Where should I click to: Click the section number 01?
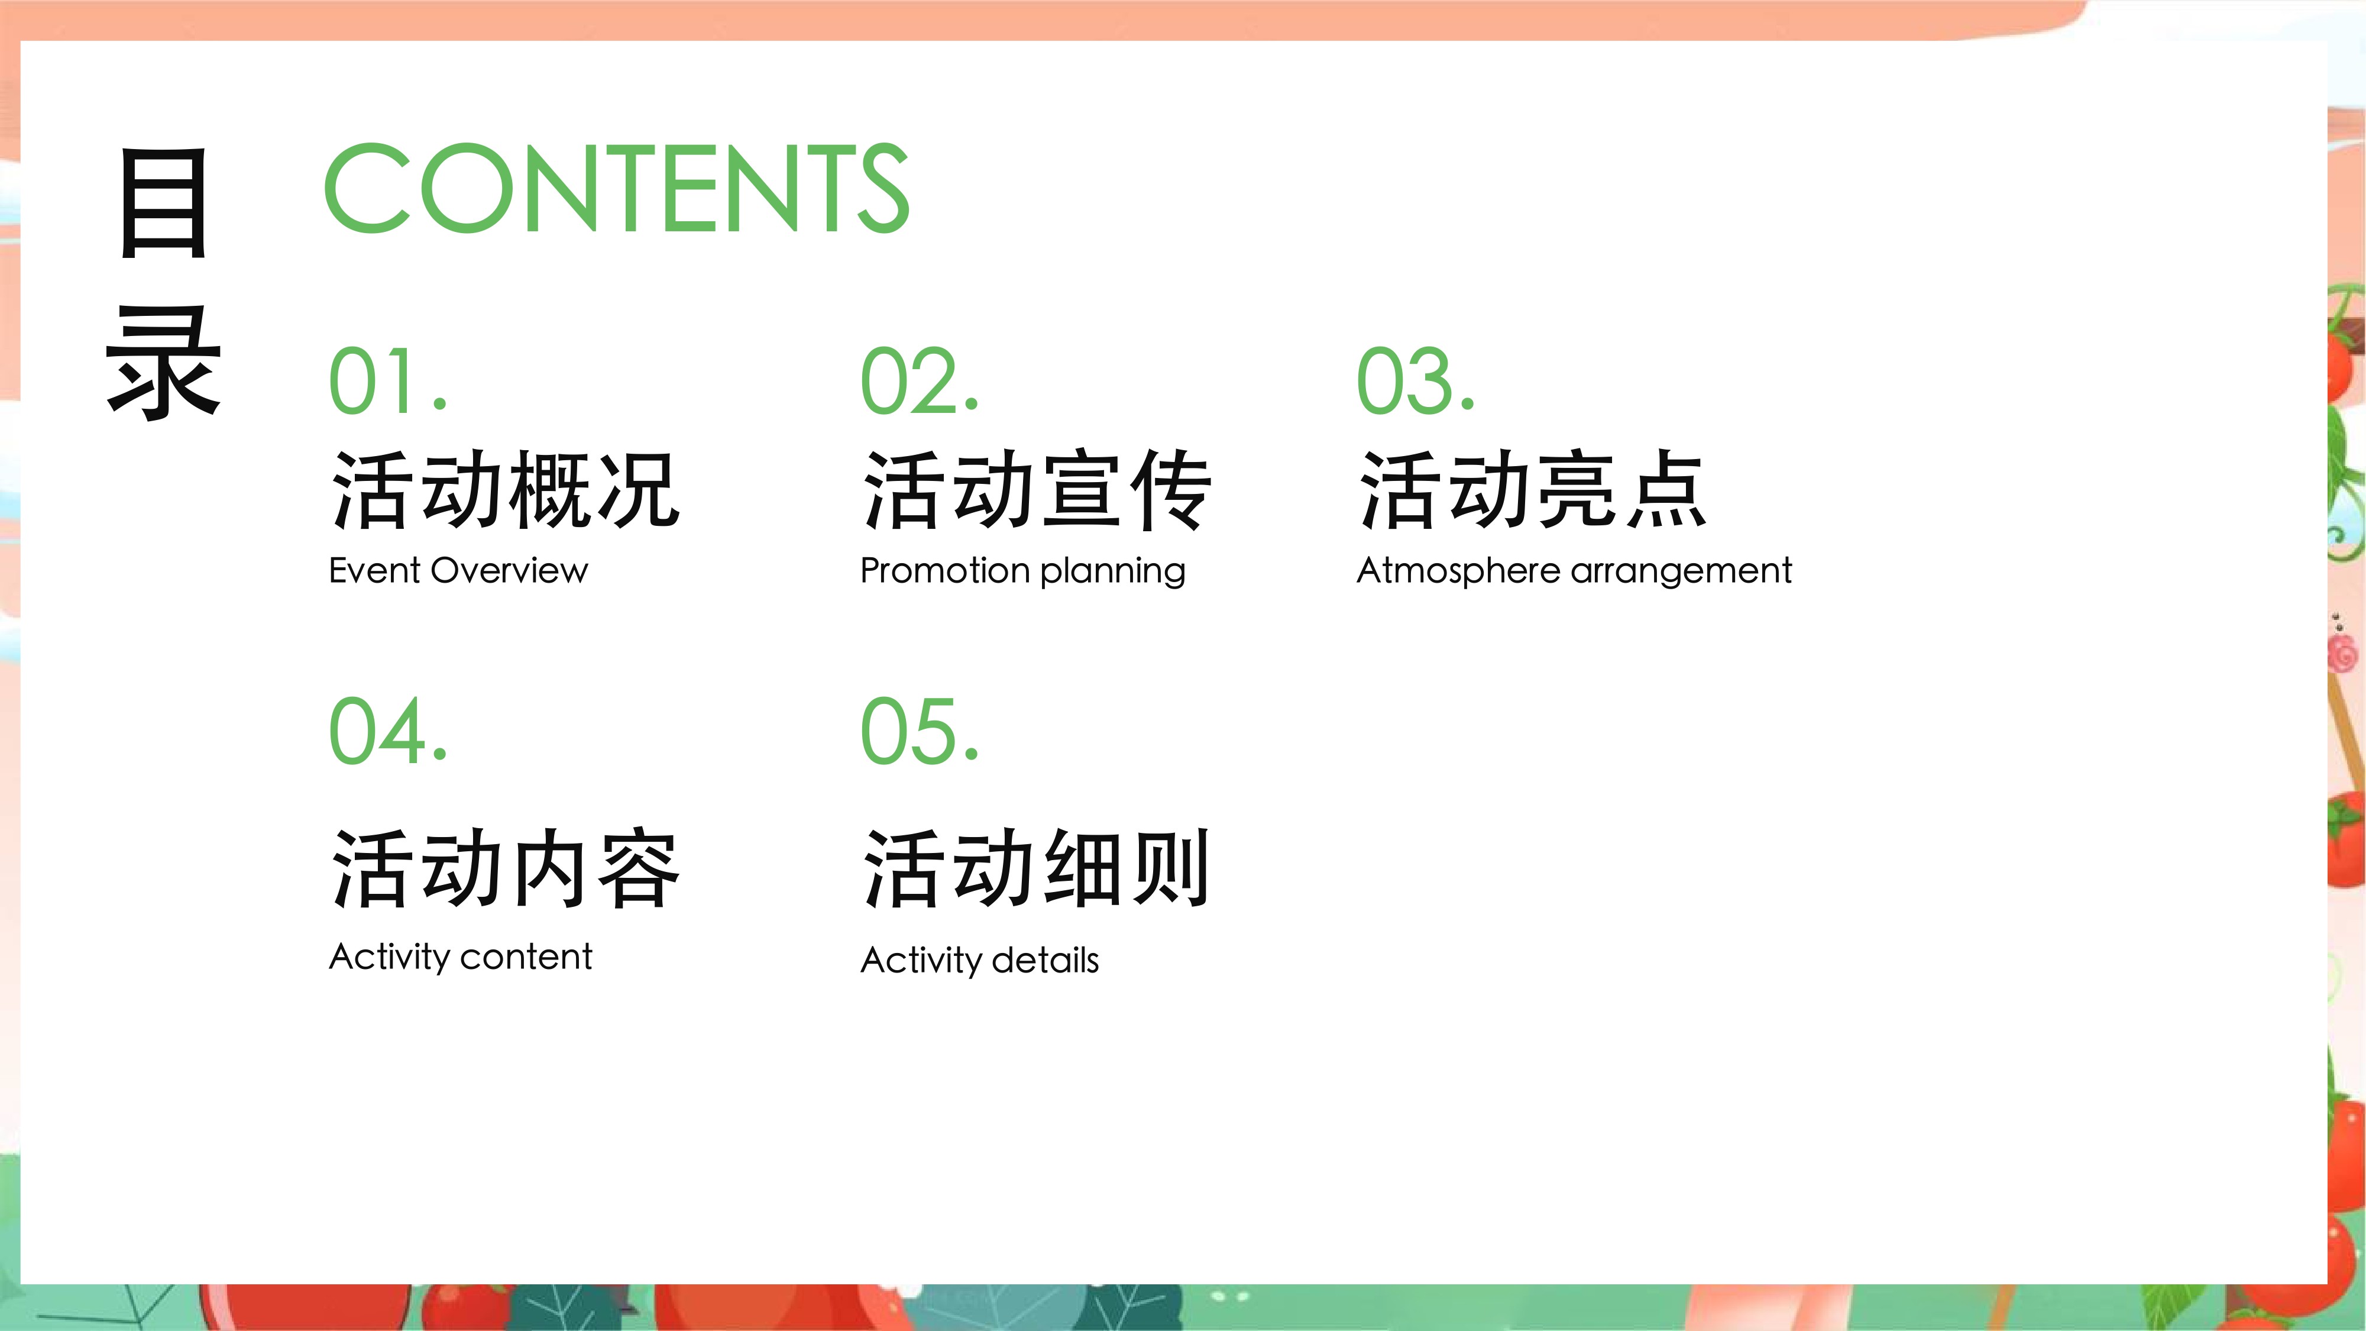point(387,380)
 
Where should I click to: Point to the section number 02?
point(920,380)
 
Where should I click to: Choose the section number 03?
point(1415,380)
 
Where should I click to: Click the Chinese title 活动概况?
point(505,490)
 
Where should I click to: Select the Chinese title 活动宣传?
point(1038,490)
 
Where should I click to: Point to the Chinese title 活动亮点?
point(1533,490)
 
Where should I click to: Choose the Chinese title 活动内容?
point(505,869)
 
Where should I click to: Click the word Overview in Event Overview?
point(510,570)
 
